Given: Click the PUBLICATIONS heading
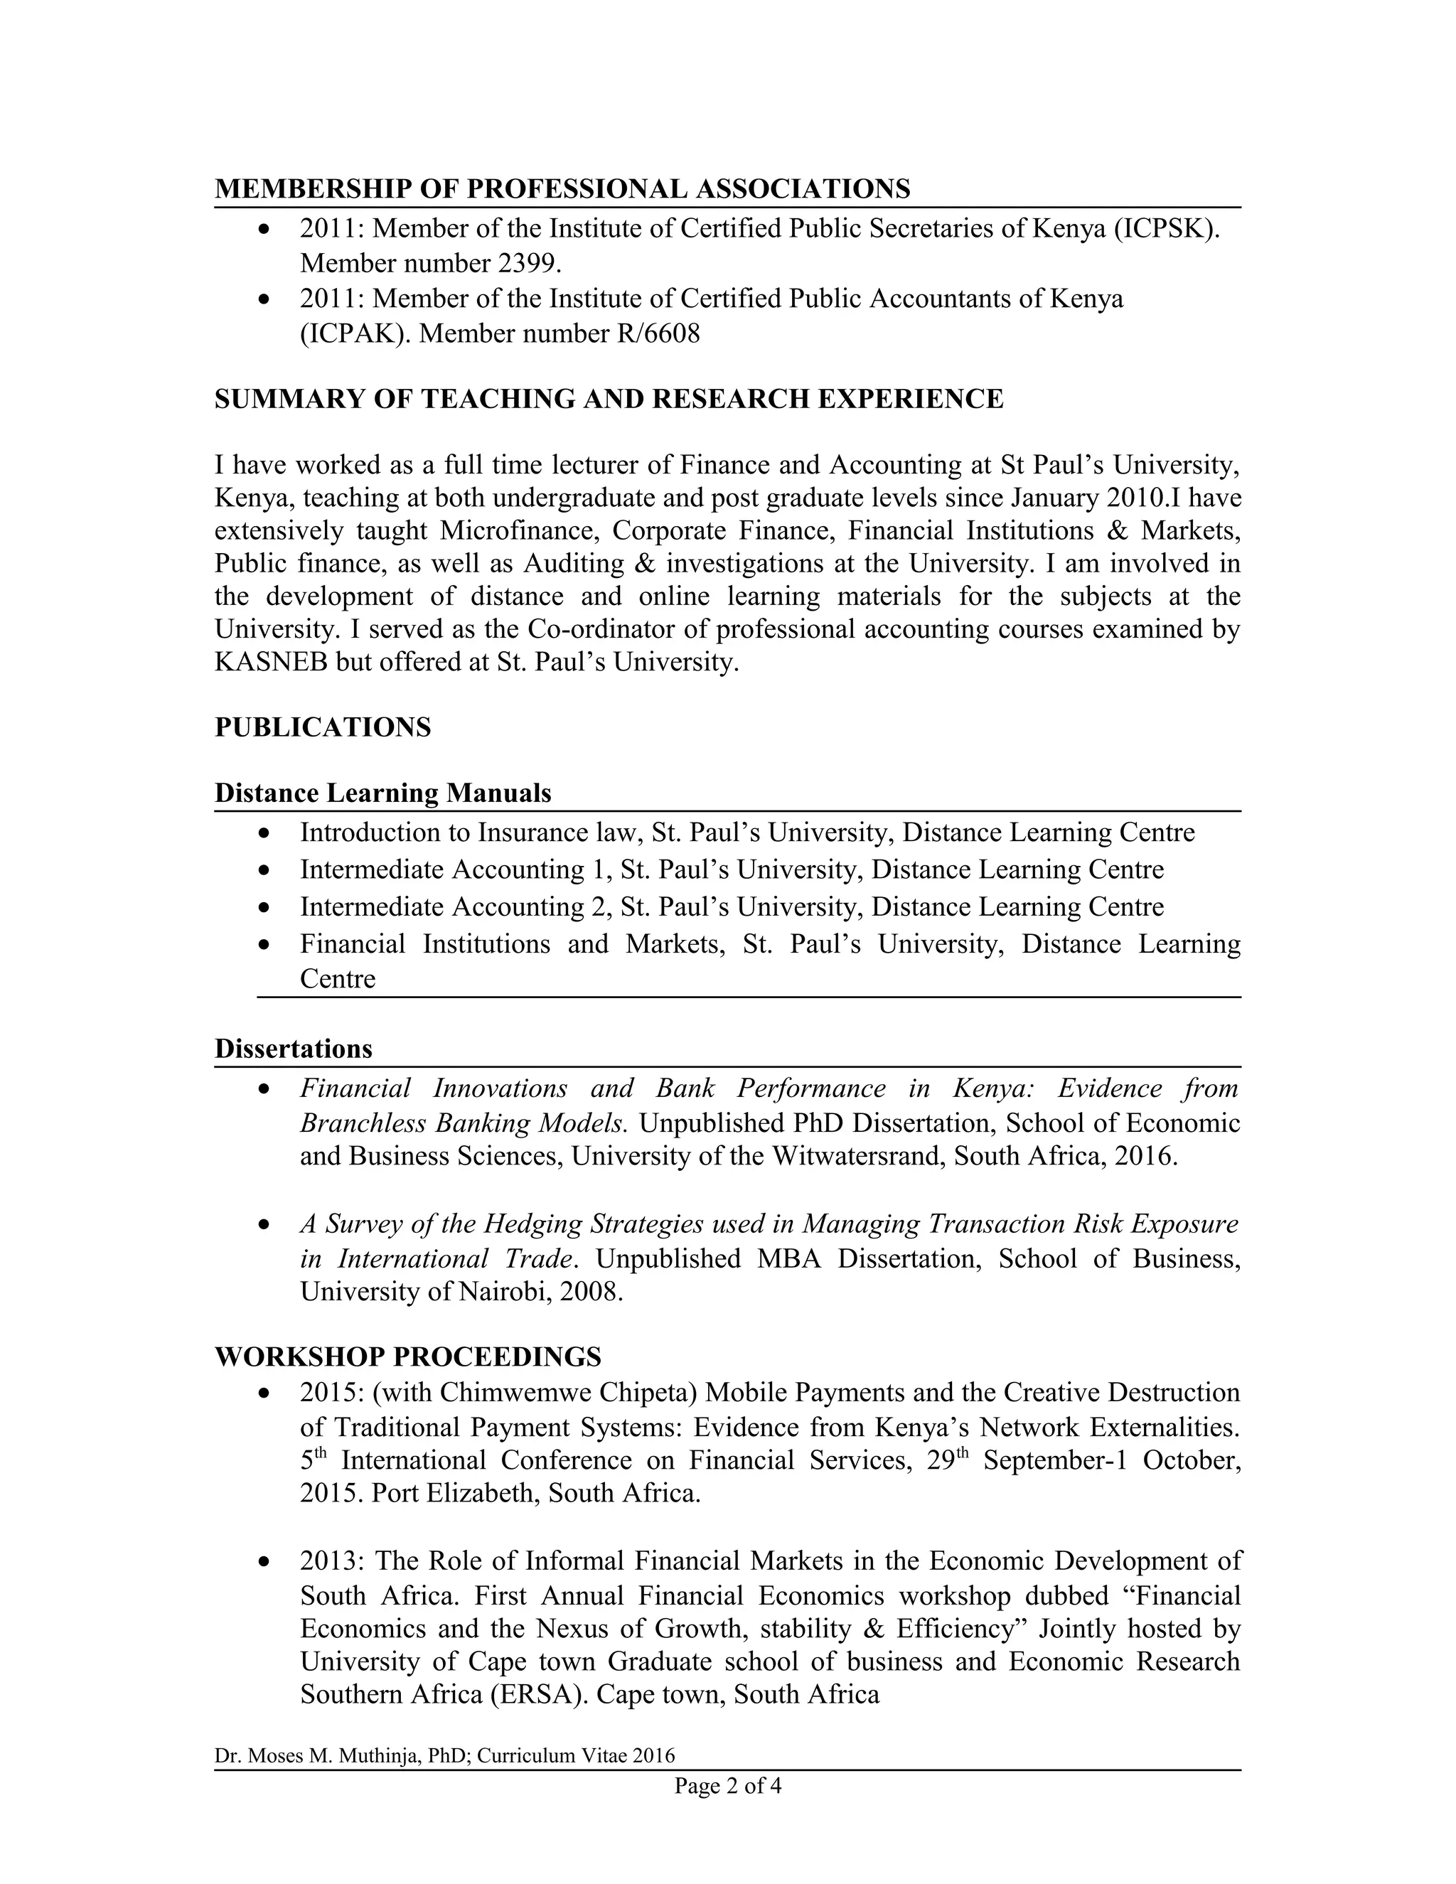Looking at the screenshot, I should [323, 727].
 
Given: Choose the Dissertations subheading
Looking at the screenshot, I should [294, 1048].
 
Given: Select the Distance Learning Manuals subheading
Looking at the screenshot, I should [383, 793].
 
